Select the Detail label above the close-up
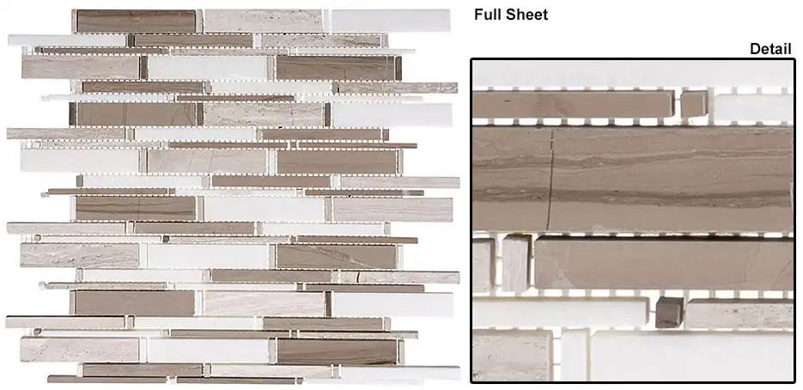[770, 49]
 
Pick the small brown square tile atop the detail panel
[694, 104]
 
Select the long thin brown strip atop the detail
[574, 105]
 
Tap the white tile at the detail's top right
[753, 105]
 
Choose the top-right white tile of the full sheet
[391, 21]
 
